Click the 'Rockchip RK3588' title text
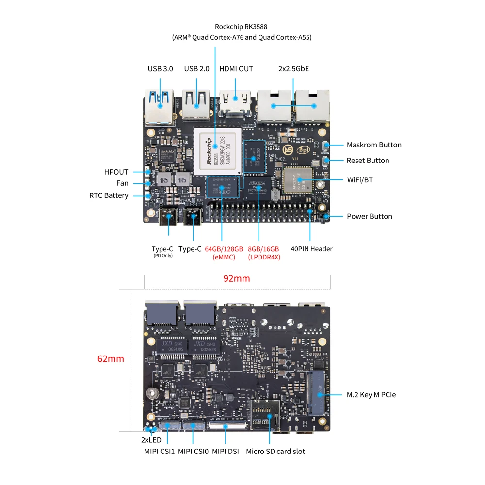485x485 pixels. (241, 27)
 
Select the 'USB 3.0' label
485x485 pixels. (160, 69)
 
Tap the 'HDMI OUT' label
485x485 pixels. (236, 69)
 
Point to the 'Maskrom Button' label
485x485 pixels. (374, 145)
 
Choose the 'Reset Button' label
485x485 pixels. (368, 160)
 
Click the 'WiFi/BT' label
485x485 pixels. (359, 179)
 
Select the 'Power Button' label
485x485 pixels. (369, 216)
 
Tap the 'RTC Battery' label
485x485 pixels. (109, 195)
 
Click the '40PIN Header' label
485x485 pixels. (311, 249)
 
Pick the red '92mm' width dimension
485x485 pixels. (236, 278)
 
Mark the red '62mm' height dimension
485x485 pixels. (111, 359)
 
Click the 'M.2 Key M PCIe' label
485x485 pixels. (372, 395)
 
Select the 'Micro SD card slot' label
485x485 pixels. (275, 451)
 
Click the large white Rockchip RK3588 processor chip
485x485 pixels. (217, 150)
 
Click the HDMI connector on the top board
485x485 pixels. (236, 104)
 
